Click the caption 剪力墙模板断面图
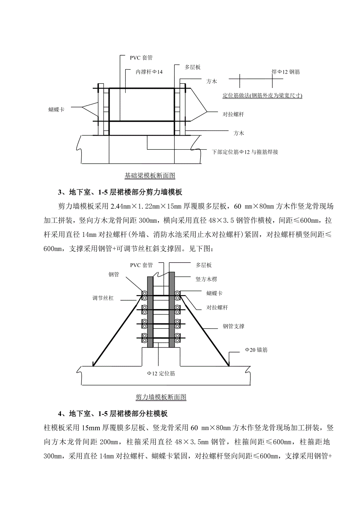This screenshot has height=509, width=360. tap(161, 397)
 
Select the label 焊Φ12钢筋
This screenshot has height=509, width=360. tap(286, 72)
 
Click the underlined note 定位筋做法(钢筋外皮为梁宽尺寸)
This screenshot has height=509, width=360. tap(263, 95)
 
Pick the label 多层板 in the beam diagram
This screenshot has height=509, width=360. tap(193, 67)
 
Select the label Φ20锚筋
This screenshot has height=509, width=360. tap(257, 350)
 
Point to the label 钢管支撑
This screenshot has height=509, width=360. tap(234, 326)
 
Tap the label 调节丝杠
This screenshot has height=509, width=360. tap(103, 298)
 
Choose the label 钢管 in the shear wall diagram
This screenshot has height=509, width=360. tap(114, 275)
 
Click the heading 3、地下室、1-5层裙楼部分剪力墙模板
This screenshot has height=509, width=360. tap(121, 192)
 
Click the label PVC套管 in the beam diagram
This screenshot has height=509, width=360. tap(141, 58)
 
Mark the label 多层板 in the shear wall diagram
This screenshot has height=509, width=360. tap(204, 265)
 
